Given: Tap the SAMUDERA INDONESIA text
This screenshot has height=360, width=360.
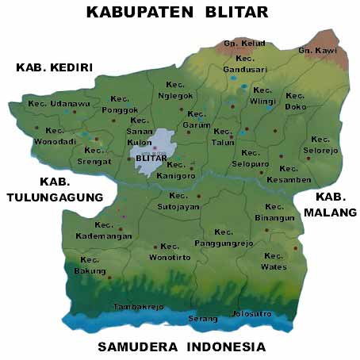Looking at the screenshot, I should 181,347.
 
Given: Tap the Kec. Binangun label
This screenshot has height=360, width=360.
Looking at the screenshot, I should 275,212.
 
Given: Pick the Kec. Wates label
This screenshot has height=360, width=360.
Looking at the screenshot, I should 274,262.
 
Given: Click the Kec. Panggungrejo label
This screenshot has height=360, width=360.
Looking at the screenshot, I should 224,237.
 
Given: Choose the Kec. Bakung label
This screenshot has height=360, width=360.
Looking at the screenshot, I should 90,266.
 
